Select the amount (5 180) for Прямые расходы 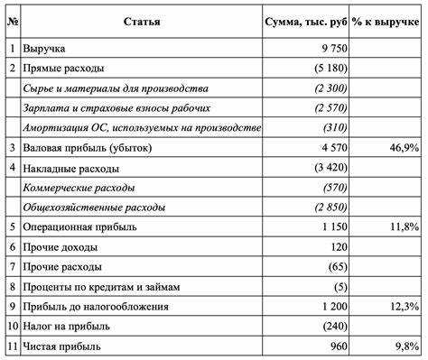point(327,69)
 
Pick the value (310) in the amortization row point(332,129)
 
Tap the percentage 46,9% point(405,149)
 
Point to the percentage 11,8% point(405,228)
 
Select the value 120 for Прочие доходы point(337,248)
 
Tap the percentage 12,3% point(405,308)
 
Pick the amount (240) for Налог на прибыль point(332,328)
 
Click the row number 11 point(12,347)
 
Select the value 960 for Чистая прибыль point(337,347)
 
